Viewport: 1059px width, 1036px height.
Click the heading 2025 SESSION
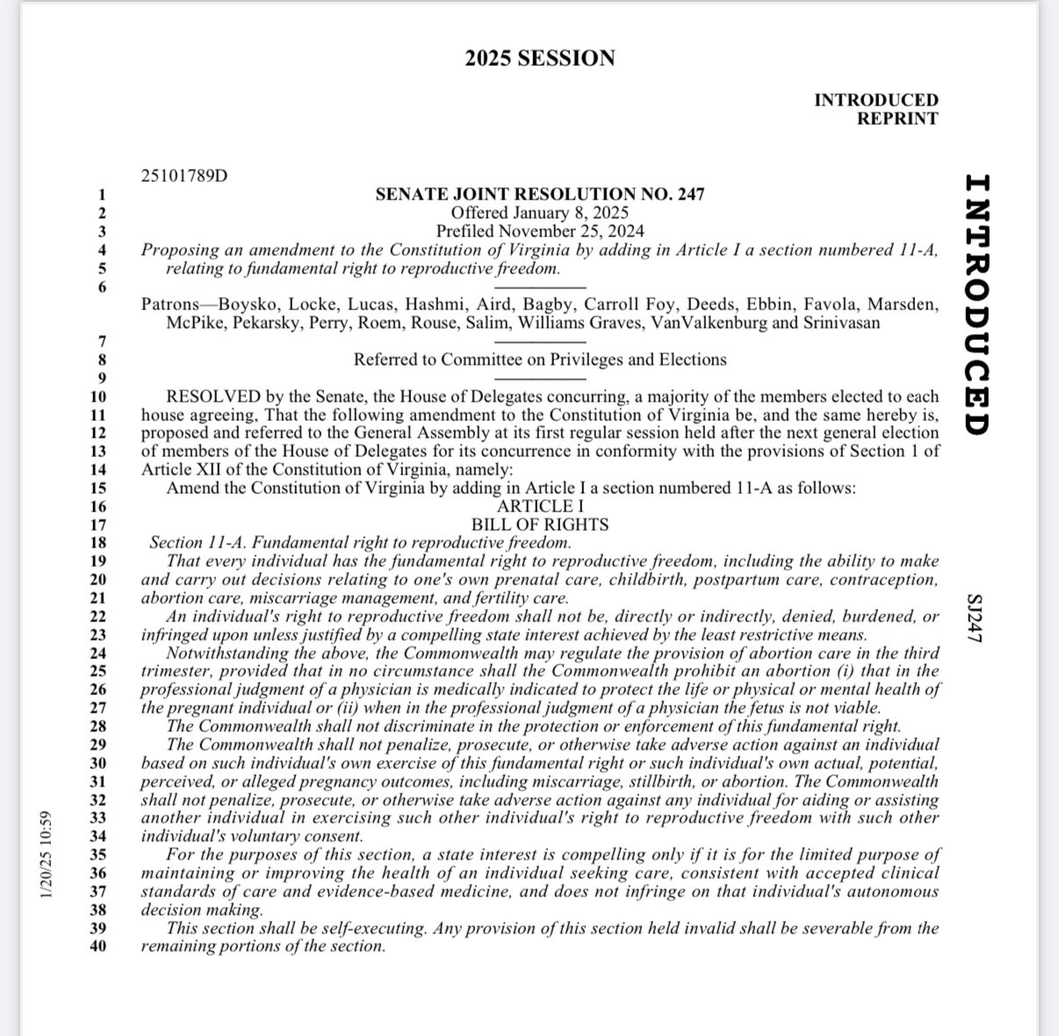click(x=540, y=59)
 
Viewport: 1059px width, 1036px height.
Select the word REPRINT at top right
click(x=897, y=119)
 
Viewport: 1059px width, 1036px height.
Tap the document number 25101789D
click(x=184, y=176)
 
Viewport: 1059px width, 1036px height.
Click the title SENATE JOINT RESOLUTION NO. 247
click(x=540, y=194)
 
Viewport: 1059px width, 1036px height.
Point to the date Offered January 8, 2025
click(x=540, y=213)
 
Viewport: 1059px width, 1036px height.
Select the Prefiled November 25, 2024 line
click(x=540, y=231)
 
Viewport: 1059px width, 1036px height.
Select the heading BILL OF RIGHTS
click(x=540, y=525)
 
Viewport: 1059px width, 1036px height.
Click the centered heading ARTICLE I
click(x=540, y=506)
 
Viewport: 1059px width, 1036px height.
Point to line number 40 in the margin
click(x=97, y=946)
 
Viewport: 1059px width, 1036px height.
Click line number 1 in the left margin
click(x=102, y=194)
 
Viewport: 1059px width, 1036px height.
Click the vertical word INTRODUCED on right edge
click(x=976, y=304)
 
